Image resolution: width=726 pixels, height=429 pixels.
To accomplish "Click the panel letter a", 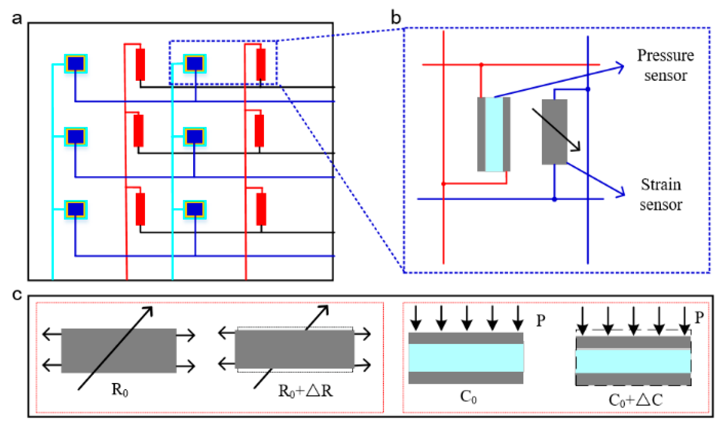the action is (x=17, y=18).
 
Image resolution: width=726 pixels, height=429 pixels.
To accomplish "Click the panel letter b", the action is (x=396, y=17).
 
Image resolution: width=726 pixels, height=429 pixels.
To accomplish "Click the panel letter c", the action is (x=17, y=295).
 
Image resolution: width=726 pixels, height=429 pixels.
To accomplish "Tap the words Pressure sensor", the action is (x=665, y=65).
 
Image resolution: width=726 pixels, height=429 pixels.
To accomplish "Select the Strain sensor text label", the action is (x=661, y=194).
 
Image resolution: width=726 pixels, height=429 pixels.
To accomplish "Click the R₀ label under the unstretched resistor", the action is (x=120, y=389).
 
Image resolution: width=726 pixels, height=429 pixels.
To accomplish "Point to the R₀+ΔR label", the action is (x=305, y=391).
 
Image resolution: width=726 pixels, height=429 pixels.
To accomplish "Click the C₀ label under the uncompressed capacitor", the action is (x=468, y=397).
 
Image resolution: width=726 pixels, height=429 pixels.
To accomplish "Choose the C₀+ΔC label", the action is (x=636, y=400).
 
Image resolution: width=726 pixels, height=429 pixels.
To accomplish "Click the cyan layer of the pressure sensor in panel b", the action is (x=494, y=134).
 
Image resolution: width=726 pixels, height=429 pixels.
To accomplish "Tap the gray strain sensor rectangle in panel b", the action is (x=554, y=132).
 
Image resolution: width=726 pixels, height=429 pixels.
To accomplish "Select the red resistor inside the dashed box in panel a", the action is (x=261, y=64).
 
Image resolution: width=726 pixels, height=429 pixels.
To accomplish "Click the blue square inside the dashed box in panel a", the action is (x=195, y=63).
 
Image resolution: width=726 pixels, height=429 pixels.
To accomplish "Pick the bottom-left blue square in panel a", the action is (x=76, y=209).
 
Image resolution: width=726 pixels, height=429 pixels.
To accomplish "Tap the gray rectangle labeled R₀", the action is (x=119, y=351).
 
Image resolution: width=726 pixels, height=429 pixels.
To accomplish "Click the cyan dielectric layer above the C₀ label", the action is (x=466, y=358).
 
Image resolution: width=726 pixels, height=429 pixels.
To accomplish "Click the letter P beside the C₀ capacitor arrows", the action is (x=540, y=321).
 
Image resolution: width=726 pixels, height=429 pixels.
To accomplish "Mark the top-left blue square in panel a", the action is (x=76, y=63).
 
